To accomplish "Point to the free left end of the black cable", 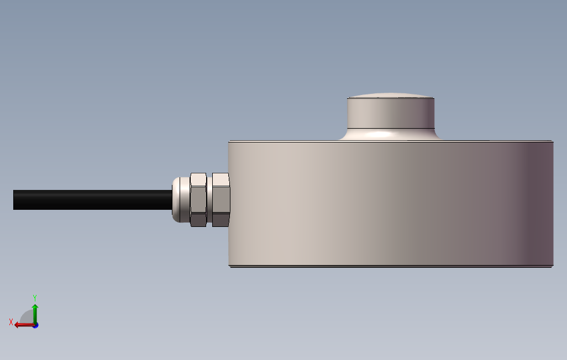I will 15,200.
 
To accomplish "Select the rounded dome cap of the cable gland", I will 180,199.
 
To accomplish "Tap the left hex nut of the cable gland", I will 198,199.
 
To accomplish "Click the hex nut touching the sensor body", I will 221,199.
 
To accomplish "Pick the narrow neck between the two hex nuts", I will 209,199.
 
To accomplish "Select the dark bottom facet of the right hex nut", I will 221,220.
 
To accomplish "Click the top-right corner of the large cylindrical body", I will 552,142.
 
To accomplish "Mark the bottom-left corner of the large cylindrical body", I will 230,266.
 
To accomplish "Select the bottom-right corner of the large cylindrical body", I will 552,266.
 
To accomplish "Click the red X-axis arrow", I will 22,325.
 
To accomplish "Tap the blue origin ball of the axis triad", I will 35,325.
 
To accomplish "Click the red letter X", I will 11,322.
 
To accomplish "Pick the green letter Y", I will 34,297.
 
